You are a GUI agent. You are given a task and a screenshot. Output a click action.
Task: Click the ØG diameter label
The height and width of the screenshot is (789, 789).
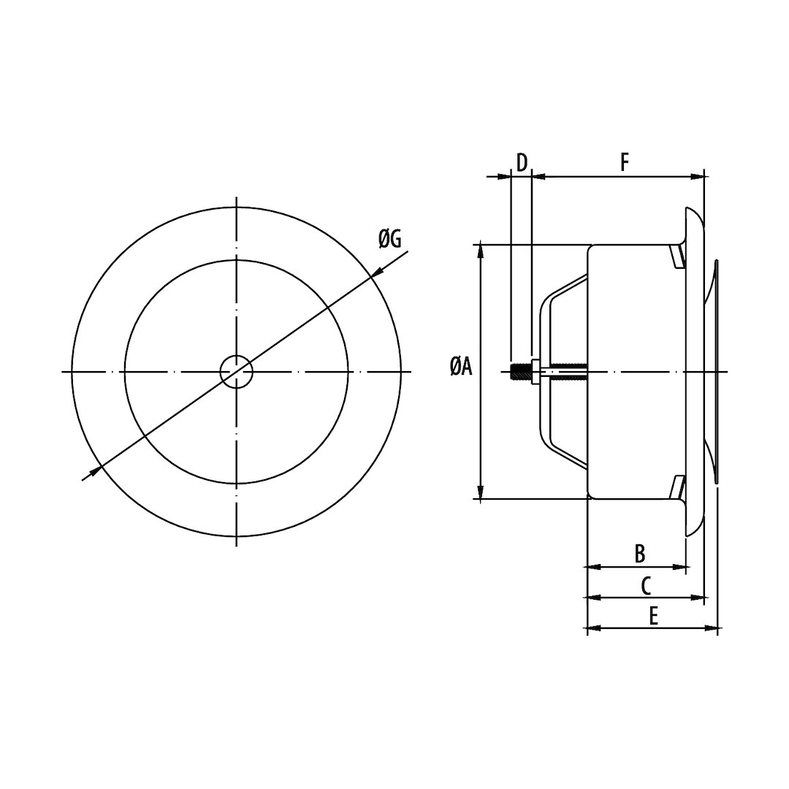tap(390, 239)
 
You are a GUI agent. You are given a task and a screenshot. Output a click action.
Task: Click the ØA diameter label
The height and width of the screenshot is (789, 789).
tap(461, 367)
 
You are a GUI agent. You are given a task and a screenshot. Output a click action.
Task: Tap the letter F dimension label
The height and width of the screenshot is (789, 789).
tap(625, 162)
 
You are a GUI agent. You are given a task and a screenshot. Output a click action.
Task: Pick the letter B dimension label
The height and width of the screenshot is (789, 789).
tap(639, 554)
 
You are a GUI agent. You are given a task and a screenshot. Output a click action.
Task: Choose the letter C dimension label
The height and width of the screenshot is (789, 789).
tap(646, 585)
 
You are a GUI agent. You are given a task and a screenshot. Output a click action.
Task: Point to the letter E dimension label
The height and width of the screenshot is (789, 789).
tap(653, 616)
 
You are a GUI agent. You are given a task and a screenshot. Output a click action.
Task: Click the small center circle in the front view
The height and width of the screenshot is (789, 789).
tap(237, 372)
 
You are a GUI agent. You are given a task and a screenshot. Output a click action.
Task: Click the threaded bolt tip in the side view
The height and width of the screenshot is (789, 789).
tap(519, 372)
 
